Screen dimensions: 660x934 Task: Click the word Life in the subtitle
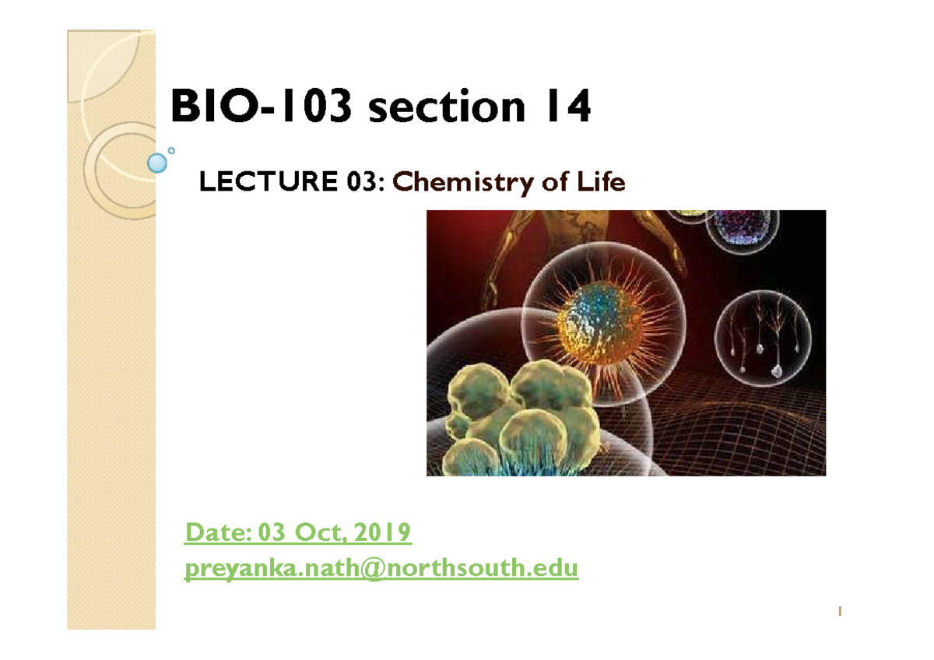coord(602,183)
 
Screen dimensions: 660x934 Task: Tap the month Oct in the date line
coord(320,534)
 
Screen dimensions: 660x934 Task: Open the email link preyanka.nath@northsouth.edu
coord(381,570)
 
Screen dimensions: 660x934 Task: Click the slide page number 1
coord(839,613)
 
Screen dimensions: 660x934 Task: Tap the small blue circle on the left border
coord(157,163)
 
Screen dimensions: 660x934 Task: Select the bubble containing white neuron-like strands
coord(762,342)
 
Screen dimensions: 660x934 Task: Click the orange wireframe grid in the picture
coord(747,436)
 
